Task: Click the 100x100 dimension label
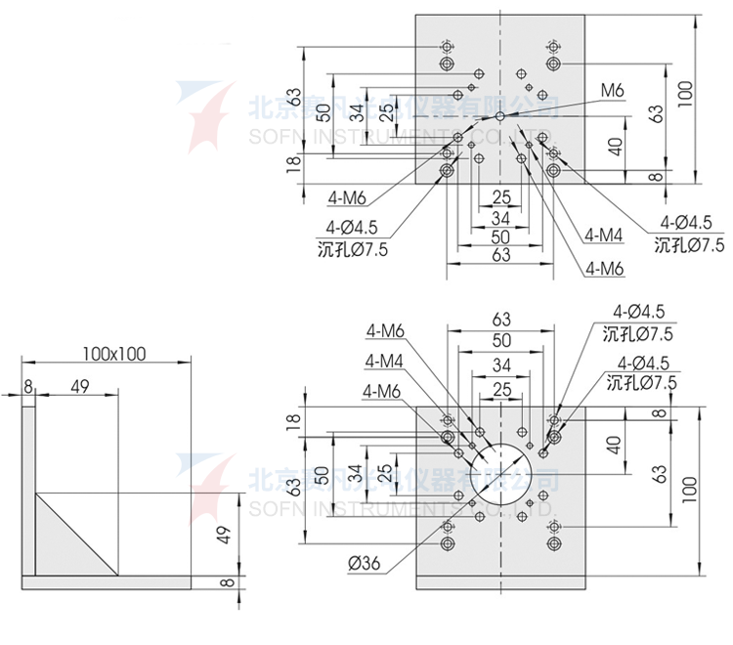113,353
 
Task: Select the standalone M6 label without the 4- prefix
612,91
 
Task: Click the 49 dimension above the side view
80,387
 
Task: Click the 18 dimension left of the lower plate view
292,421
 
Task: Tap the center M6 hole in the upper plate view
500,116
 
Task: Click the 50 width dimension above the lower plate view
501,339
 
